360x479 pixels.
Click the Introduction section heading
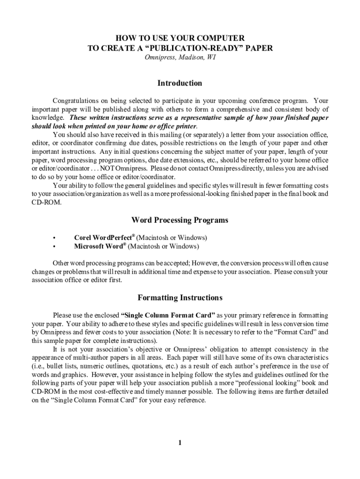click(x=180, y=83)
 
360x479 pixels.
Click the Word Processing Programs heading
click(x=180, y=220)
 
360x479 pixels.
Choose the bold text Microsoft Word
click(x=99, y=246)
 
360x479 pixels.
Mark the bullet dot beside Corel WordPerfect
click(x=55, y=238)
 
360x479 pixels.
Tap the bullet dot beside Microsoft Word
click(x=55, y=247)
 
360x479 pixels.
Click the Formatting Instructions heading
click(x=180, y=298)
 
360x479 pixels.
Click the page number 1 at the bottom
click(x=180, y=443)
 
